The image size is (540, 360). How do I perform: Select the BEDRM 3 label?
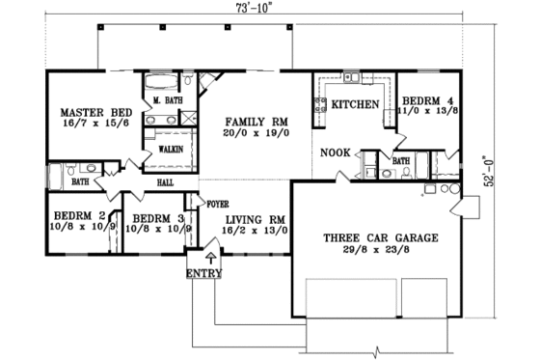pyautogui.click(x=152, y=218)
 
